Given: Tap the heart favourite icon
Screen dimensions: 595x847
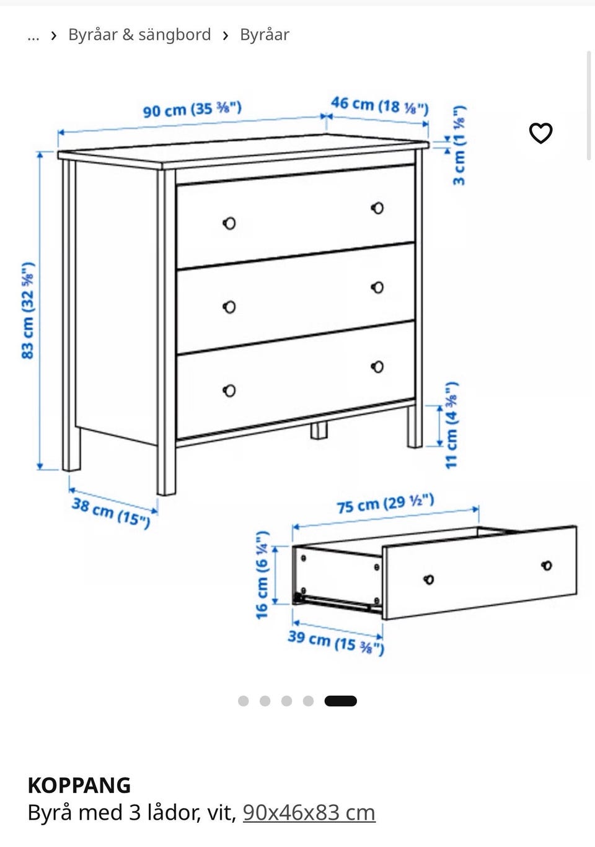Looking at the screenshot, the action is tap(540, 133).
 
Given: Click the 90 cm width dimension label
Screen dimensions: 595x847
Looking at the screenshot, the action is tap(192, 110).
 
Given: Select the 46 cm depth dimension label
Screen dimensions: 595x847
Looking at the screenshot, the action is tap(380, 106).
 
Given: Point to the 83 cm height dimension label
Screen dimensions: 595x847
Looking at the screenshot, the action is tap(29, 310).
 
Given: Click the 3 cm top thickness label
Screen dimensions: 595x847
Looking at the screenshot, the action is tap(459, 146).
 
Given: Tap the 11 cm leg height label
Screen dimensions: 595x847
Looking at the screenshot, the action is tap(452, 425).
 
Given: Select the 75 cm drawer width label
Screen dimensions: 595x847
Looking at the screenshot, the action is tap(386, 504).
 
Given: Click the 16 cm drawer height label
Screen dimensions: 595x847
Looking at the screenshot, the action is tap(262, 575).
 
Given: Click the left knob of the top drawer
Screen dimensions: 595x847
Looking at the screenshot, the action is tap(229, 224).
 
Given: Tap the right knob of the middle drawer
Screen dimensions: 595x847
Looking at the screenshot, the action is tap(377, 287).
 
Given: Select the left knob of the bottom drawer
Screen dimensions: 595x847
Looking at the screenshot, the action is tap(229, 390).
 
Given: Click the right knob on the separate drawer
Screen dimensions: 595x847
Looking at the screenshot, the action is tap(547, 566).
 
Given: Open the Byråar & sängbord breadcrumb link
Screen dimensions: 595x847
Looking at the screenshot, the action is tap(139, 35).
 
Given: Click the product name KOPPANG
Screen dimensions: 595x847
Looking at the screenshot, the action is tap(79, 786).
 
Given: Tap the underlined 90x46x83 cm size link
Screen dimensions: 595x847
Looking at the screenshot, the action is tap(309, 812).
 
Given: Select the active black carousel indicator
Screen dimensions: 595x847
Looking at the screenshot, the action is tap(340, 701).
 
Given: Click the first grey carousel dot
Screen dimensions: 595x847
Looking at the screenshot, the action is tap(243, 701).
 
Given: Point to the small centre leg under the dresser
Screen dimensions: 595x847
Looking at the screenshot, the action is tap(319, 431).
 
